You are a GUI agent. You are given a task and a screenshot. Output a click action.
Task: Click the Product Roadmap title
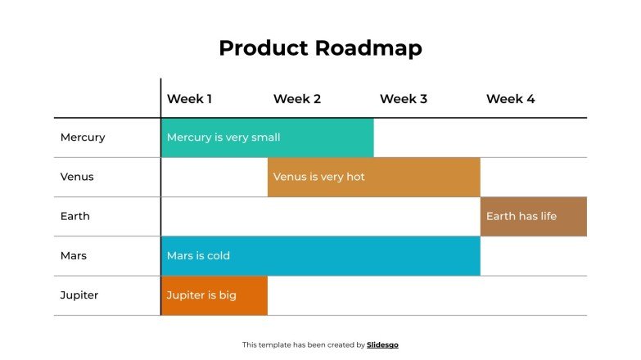320,48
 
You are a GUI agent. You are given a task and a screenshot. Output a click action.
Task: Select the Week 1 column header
189,99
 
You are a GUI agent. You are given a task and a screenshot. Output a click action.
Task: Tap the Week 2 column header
296,99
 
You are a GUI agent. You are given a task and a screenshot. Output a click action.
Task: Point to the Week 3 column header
403,99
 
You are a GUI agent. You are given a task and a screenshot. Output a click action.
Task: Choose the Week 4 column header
510,99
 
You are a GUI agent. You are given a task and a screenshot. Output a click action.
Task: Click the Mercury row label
83,137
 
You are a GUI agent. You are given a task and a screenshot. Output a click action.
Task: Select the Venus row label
77,177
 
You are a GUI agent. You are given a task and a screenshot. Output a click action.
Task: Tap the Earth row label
74,216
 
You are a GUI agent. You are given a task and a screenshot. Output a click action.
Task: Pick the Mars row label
73,255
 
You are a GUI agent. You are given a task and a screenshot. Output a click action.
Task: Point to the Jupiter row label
79,295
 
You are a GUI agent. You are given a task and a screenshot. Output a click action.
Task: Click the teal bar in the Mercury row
267,137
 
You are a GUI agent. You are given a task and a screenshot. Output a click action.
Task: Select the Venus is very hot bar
373,177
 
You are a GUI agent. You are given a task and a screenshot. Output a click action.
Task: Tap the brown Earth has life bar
533,216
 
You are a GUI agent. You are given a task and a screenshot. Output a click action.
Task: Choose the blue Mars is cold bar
320,255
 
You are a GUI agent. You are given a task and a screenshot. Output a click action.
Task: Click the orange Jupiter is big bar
214,295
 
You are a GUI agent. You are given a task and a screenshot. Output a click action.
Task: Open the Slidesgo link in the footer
382,345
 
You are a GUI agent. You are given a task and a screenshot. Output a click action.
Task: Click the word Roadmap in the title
368,48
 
